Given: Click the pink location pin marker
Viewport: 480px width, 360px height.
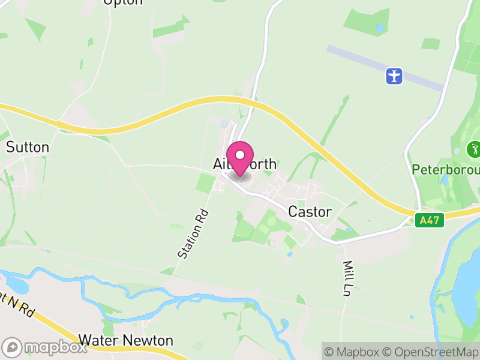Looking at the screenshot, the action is pyautogui.click(x=240, y=158).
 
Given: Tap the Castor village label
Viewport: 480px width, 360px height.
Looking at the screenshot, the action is pyautogui.click(x=310, y=212).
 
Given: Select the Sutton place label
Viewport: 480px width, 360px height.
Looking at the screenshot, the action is pyautogui.click(x=28, y=147).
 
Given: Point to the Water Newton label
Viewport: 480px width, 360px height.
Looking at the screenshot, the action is pyautogui.click(x=126, y=341).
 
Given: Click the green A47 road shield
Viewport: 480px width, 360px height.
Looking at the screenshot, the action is pyautogui.click(x=430, y=220).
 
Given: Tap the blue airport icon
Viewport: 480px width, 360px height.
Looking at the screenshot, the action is pyautogui.click(x=394, y=76).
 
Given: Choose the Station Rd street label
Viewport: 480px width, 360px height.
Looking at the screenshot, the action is pyautogui.click(x=193, y=233).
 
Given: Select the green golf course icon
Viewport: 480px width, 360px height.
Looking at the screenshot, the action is pyautogui.click(x=474, y=149).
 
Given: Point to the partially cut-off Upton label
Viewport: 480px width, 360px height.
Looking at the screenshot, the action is pyautogui.click(x=124, y=2).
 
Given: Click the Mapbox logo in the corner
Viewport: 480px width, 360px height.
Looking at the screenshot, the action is pyautogui.click(x=45, y=347).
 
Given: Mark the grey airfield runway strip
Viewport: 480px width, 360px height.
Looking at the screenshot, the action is pyautogui.click(x=384, y=66).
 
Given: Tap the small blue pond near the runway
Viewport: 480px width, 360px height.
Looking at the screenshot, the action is pyautogui.click(x=379, y=28).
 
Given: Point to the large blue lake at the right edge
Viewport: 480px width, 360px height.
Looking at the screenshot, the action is pyautogui.click(x=468, y=288).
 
